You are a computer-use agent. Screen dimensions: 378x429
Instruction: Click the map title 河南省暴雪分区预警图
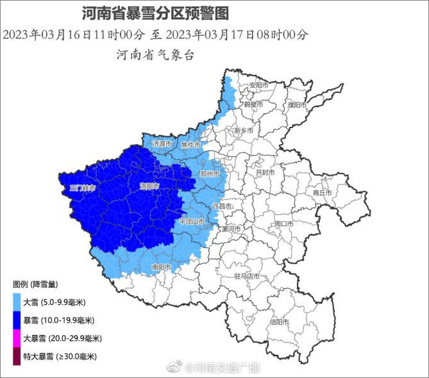pos(155,12)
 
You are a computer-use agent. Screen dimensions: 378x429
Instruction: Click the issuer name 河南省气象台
pos(155,55)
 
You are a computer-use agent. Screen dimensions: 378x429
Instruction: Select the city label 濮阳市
pos(297,104)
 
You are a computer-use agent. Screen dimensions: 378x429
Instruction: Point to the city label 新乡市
pos(244,131)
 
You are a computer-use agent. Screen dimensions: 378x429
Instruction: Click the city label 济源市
pos(162,145)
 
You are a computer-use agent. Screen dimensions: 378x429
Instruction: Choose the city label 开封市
pos(265,173)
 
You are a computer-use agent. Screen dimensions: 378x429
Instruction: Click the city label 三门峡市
pos(82,188)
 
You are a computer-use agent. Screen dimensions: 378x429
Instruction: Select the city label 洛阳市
pos(149,186)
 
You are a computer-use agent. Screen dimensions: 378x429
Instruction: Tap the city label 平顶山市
pos(192,221)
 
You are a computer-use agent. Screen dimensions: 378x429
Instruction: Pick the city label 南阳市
pos(162,267)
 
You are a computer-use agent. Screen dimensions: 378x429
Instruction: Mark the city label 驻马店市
pos(248,276)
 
